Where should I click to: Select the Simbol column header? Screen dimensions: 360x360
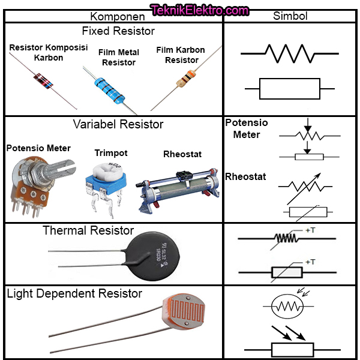coord(290,16)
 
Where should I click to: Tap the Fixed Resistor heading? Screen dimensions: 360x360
coord(118,31)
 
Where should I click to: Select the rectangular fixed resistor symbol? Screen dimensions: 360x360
coord(290,89)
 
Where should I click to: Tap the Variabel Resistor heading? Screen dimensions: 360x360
coord(118,125)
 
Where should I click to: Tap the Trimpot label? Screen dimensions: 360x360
coord(111,153)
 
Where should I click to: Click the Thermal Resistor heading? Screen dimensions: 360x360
coord(88,231)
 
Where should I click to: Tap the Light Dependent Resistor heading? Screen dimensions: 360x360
coord(74,294)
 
